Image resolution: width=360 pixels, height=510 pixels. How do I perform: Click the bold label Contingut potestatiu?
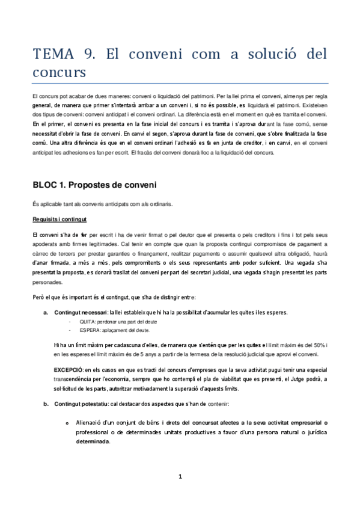81,403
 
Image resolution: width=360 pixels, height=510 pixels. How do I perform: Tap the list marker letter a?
45,312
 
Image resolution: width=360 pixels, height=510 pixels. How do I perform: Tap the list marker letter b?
45,403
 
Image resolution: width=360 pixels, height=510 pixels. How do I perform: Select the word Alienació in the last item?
91,423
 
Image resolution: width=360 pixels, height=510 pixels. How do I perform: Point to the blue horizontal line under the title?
180,84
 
